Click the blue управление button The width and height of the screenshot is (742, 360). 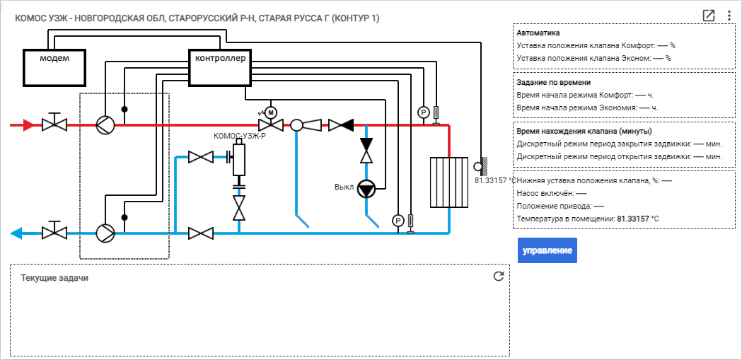click(547, 250)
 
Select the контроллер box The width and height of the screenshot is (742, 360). click(220, 68)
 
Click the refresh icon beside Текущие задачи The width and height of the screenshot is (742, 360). click(498, 277)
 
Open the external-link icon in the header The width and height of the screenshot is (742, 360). click(709, 16)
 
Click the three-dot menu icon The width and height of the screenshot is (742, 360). click(729, 16)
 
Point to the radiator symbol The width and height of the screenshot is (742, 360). click(449, 182)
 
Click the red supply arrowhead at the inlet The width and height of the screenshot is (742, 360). click(28, 125)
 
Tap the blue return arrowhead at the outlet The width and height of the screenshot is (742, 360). click(16, 233)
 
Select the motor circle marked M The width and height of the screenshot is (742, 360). click(271, 112)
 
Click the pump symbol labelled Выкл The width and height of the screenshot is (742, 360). click(365, 189)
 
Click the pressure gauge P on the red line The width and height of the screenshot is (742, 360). click(423, 112)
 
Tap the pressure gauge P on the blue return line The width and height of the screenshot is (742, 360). click(398, 221)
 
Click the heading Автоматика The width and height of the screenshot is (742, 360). click(538, 33)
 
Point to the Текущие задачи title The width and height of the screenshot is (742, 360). click(54, 278)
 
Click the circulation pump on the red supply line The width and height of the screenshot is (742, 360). click(105, 125)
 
